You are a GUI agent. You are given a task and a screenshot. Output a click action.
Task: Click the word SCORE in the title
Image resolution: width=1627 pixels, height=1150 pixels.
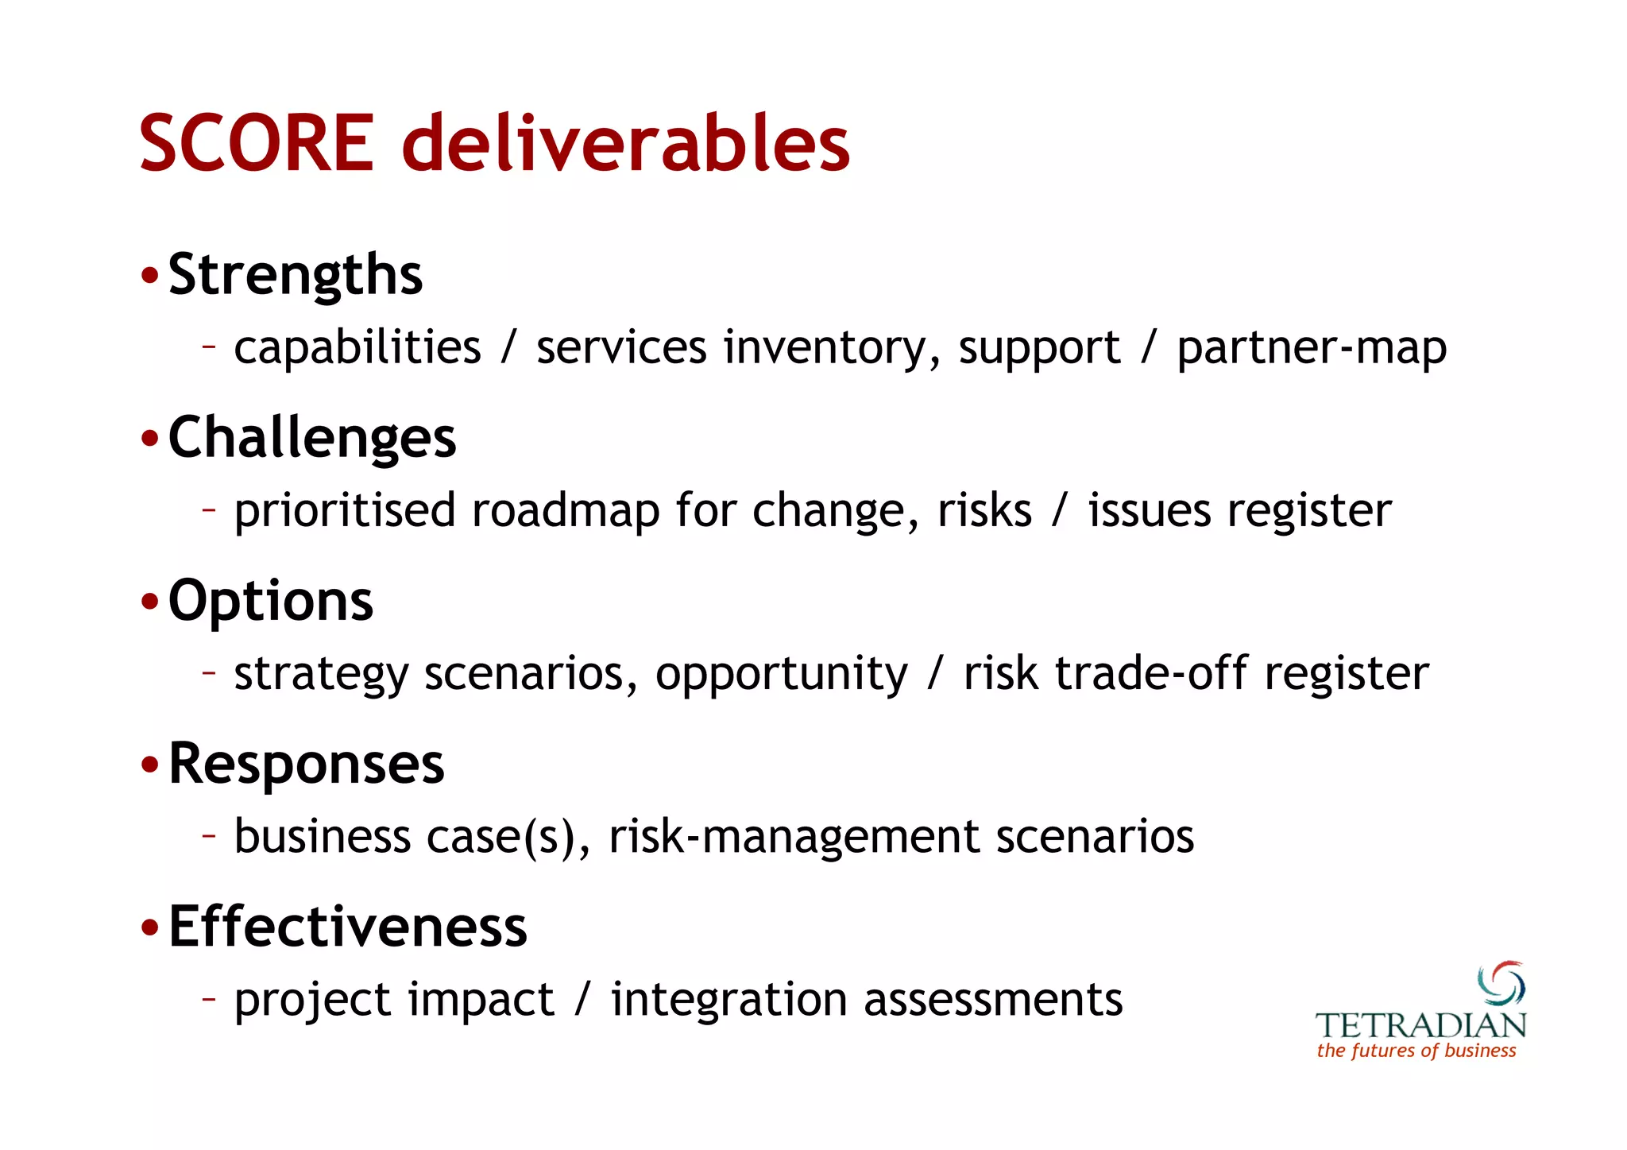(256, 143)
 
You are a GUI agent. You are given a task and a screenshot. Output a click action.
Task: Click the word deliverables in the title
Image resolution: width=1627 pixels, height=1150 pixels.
(626, 143)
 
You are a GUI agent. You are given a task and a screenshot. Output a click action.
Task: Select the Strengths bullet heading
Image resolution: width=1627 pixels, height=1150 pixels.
(295, 275)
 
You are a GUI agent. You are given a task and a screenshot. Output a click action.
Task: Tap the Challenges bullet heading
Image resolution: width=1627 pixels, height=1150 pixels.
(311, 438)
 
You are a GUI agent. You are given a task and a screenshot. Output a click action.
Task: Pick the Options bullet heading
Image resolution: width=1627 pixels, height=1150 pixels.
(270, 601)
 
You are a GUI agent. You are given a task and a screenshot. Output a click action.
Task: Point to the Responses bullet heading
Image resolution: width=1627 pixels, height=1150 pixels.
(306, 764)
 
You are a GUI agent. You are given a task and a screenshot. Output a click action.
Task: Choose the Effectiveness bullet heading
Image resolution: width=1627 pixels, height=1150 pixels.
(347, 927)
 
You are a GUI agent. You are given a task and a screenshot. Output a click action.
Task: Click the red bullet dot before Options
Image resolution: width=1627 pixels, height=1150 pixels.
(149, 602)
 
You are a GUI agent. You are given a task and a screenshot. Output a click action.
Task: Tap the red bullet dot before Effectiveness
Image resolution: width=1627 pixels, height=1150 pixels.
(149, 927)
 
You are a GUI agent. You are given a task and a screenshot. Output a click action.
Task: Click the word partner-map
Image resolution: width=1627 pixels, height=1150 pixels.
(1311, 348)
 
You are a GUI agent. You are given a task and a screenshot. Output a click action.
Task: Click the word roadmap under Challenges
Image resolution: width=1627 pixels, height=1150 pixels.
(565, 510)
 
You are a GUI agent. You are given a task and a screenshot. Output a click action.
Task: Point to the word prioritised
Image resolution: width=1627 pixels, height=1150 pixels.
(344, 510)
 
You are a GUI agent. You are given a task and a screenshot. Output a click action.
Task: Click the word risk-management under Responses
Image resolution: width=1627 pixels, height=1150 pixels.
(794, 837)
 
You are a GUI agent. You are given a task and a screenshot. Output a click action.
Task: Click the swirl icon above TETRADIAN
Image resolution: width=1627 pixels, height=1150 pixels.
(1501, 983)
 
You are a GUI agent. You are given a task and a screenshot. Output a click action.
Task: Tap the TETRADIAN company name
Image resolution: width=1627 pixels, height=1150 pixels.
(1420, 1025)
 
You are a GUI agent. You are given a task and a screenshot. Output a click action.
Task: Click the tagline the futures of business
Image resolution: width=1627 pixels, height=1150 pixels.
(1416, 1051)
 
